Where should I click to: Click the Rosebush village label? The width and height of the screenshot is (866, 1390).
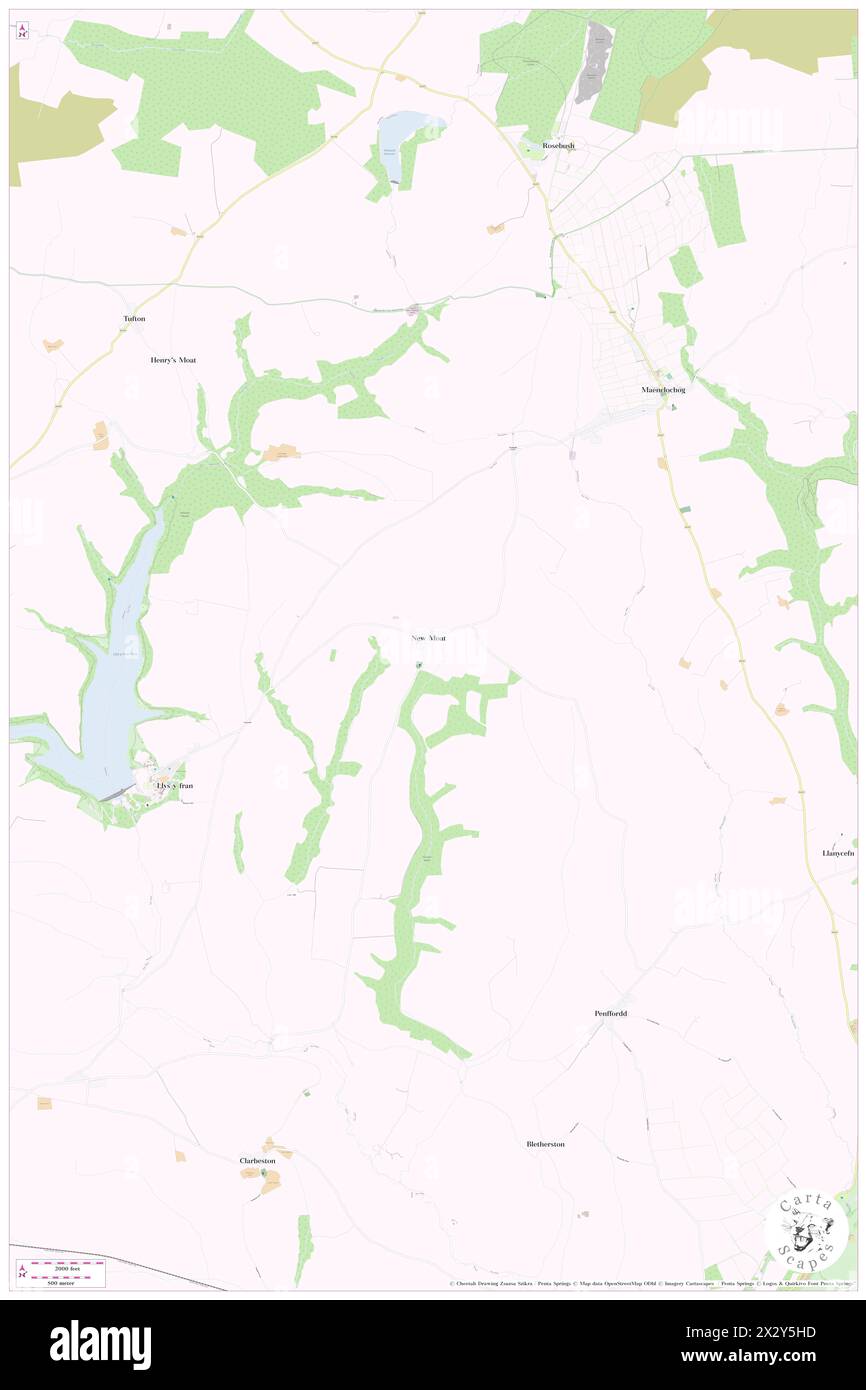click(558, 145)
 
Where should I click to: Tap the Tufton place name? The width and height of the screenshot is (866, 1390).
click(134, 318)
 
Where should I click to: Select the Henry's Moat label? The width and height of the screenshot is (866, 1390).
click(173, 359)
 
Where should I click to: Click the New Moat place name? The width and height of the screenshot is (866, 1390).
click(428, 637)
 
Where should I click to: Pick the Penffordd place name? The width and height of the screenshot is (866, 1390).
click(611, 1013)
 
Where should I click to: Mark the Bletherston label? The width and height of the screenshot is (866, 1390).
click(545, 1144)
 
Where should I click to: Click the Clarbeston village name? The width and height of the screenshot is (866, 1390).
click(257, 1160)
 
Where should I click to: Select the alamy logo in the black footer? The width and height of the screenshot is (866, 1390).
click(100, 1344)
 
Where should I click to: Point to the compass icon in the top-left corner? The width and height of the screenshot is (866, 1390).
click(22, 32)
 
